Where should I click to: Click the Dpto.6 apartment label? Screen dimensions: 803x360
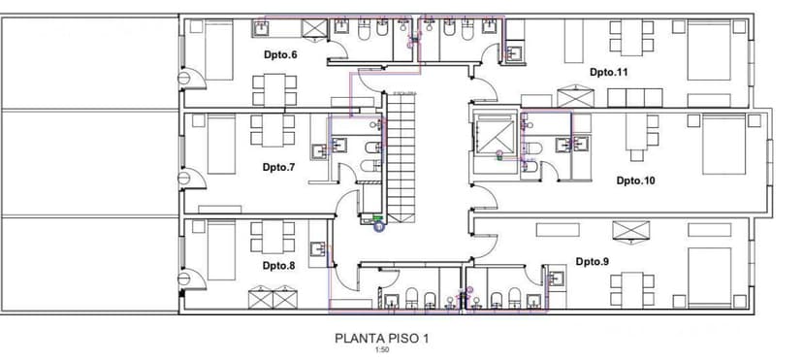click(280, 54)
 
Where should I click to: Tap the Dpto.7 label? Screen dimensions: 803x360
click(279, 167)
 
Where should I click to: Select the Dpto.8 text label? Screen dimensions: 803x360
click(279, 265)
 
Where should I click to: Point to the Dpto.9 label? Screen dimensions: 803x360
click(593, 262)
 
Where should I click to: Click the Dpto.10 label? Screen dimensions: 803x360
click(635, 180)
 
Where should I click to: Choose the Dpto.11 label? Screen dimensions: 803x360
click(608, 72)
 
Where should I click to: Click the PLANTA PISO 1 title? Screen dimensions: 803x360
click(381, 339)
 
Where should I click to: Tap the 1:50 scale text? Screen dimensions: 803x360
click(381, 350)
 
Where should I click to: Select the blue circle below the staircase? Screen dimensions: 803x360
click(378, 226)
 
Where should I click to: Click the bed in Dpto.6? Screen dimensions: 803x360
click(219, 50)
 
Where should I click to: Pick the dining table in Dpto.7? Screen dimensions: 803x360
click(273, 130)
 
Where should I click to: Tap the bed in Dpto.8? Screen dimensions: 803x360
click(221, 250)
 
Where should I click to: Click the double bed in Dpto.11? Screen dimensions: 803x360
click(709, 50)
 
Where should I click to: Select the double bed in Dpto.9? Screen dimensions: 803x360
click(709, 278)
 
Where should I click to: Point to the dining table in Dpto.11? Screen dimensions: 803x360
click(631, 38)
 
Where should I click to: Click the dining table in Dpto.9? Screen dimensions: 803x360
click(632, 290)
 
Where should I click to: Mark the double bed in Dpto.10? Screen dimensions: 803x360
click(724, 145)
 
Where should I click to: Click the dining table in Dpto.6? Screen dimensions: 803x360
click(274, 90)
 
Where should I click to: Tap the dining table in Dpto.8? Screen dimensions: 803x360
click(273, 237)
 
